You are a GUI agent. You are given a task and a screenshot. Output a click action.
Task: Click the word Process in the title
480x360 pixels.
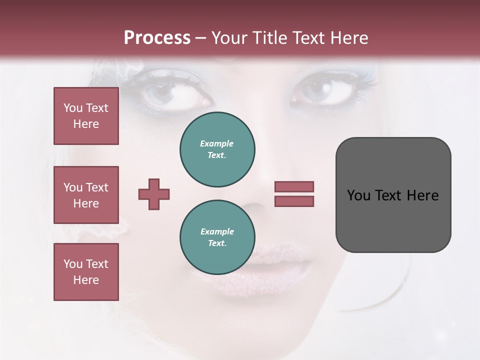tap(157, 38)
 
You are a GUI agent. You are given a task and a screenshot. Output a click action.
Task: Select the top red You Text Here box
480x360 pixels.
tap(86, 116)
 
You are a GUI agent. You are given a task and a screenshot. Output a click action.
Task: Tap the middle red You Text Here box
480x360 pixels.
tap(86, 195)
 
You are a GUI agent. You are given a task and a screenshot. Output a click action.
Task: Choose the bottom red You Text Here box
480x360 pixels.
tap(86, 272)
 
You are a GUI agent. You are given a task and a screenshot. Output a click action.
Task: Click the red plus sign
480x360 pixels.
tap(154, 194)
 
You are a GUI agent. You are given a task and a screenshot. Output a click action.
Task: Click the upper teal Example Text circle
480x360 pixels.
tap(217, 149)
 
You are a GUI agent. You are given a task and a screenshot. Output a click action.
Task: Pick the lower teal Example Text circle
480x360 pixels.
tap(217, 237)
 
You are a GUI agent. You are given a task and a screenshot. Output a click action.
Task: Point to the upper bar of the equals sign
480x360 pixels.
tap(294, 186)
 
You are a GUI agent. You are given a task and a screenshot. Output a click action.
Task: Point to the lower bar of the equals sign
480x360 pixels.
tap(294, 201)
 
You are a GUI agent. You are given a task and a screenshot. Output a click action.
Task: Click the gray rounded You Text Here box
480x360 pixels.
tap(393, 195)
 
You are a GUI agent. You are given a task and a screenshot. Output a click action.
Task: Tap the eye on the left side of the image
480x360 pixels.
tap(172, 93)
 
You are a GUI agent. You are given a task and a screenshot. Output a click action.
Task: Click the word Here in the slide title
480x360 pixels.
tap(349, 38)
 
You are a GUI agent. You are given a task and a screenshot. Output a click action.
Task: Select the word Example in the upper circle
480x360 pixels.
tap(216, 143)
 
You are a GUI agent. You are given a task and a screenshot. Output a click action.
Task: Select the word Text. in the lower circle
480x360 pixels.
tap(217, 243)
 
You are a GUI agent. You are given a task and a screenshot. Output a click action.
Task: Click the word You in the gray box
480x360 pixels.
tap(358, 195)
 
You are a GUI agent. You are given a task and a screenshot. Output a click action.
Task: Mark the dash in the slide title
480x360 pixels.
tap(201, 38)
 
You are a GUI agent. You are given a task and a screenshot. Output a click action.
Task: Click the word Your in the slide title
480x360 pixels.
tap(229, 38)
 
